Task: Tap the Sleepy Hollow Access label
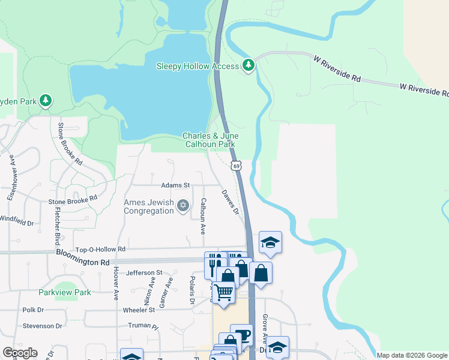click(198, 66)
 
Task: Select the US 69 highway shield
click(237, 166)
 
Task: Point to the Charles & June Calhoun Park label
click(210, 140)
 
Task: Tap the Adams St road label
click(175, 185)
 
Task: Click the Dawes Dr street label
click(231, 203)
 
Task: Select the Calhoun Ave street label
click(203, 216)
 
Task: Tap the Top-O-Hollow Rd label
click(100, 249)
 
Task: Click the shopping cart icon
click(223, 293)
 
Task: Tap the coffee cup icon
click(241, 335)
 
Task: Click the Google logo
click(19, 353)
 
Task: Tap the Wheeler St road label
click(140, 310)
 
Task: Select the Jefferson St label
click(144, 272)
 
